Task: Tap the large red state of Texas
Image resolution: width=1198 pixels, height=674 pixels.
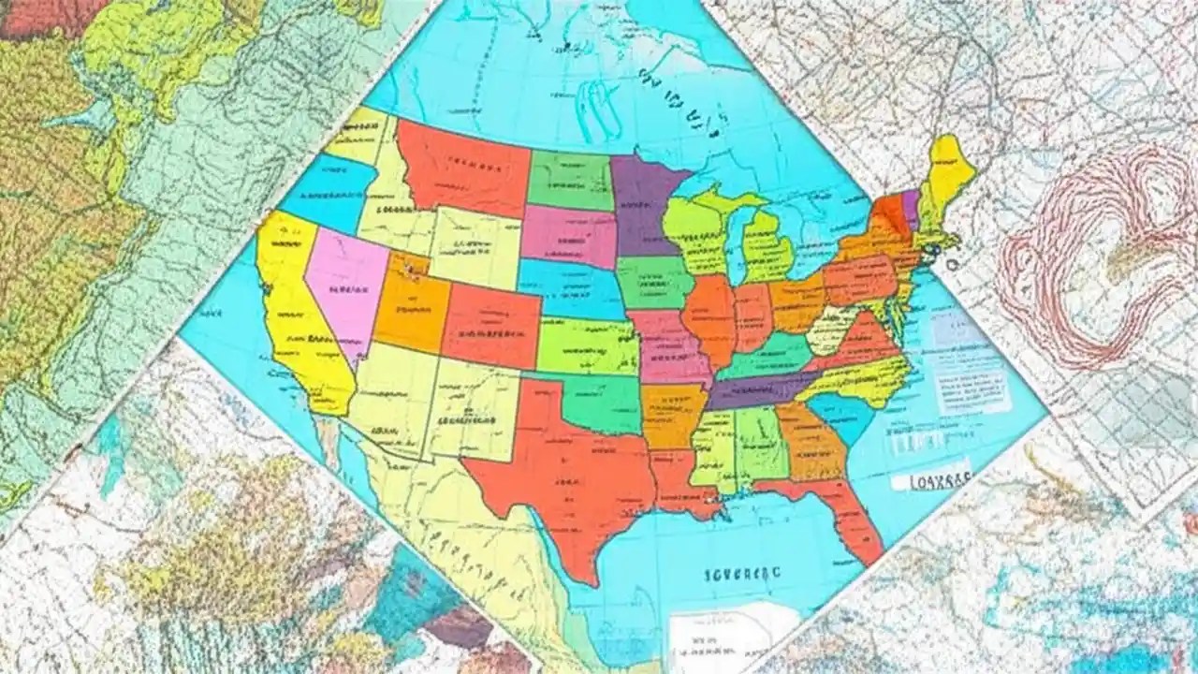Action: (x=562, y=468)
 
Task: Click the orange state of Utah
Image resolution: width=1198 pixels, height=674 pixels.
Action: (x=412, y=309)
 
